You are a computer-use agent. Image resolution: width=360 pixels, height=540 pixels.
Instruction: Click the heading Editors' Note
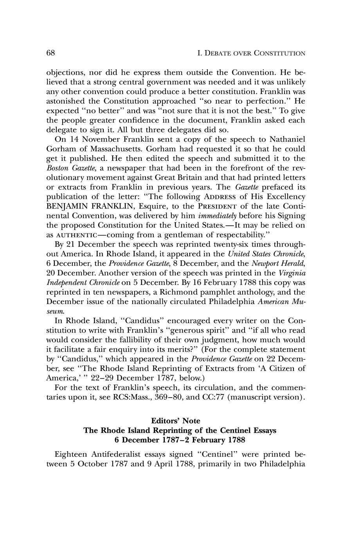[x=176, y=421]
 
